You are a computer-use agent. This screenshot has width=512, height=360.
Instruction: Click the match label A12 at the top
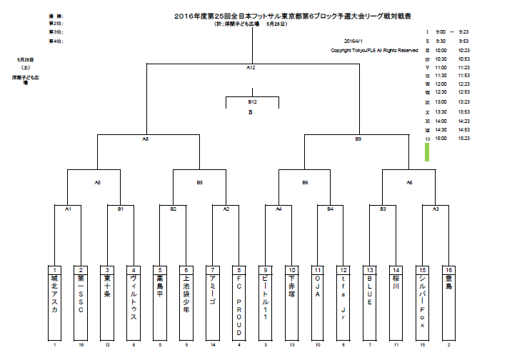(x=251, y=67)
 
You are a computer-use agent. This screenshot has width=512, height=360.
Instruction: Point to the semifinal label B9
(x=358, y=138)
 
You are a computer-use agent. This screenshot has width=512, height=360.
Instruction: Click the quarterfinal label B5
(x=199, y=182)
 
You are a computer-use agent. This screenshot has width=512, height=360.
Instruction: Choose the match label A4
(x=279, y=209)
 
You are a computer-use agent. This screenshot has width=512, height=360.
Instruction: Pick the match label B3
(x=383, y=209)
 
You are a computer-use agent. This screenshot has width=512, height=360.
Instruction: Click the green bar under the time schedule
(x=427, y=152)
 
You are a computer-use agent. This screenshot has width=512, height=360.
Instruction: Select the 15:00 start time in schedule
(x=441, y=139)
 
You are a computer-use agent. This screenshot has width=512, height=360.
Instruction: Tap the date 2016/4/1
(x=354, y=41)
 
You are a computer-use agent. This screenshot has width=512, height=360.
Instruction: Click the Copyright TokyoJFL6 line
(x=374, y=51)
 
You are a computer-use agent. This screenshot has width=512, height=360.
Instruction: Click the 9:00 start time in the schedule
(x=441, y=32)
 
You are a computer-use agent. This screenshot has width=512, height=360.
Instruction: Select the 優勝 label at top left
(x=55, y=15)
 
